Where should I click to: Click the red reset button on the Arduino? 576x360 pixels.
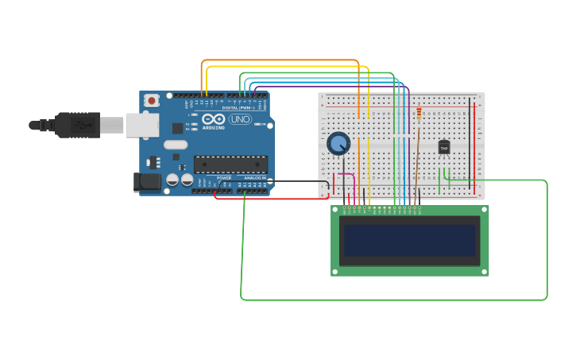point(151,101)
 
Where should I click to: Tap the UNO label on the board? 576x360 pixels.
point(239,119)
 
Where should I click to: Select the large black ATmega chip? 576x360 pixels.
point(230,165)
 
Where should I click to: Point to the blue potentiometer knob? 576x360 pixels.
point(338,143)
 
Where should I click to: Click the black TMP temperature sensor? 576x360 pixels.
point(444,147)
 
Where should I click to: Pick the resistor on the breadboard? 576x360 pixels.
point(419,116)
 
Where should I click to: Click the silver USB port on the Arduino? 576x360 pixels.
point(141,124)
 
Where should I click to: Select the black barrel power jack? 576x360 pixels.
point(148,182)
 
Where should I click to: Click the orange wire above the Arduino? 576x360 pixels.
point(278,60)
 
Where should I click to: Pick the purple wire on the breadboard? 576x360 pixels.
point(408,143)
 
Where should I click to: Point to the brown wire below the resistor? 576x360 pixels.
point(416,167)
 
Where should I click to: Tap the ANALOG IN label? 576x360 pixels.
point(255,178)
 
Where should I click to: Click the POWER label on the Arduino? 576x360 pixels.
point(224,178)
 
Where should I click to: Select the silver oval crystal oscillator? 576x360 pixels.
point(176,145)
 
